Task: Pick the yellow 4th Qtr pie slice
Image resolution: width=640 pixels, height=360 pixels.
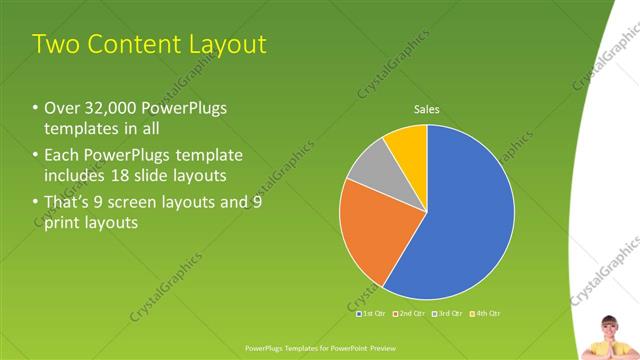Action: click(x=408, y=146)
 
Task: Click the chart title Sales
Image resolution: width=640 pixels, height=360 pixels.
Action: click(x=427, y=111)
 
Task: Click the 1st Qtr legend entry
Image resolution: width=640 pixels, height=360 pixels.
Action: click(x=372, y=313)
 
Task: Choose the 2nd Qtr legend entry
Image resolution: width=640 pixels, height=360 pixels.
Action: click(x=409, y=313)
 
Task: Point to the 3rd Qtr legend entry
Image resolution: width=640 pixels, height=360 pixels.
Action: click(x=446, y=313)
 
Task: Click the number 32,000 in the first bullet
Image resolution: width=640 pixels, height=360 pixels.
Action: click(x=109, y=107)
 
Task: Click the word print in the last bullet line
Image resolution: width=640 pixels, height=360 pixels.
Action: click(x=64, y=222)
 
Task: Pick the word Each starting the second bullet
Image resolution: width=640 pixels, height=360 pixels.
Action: click(x=61, y=155)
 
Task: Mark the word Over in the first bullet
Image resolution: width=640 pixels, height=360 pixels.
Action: click(x=63, y=107)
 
